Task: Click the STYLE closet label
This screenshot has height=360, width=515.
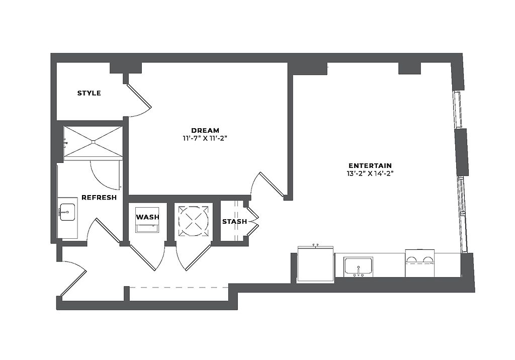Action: tap(89, 93)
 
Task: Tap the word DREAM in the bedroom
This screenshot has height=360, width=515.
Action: tap(205, 131)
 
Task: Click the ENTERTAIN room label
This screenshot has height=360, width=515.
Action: tap(370, 165)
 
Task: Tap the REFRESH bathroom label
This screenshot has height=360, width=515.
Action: tap(99, 198)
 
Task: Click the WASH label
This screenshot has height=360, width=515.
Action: tap(148, 217)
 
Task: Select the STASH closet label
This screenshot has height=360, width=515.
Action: tap(234, 221)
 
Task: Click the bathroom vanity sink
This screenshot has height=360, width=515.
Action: tap(67, 212)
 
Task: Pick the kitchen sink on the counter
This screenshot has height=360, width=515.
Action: tap(358, 266)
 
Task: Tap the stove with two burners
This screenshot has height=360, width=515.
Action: tap(420, 262)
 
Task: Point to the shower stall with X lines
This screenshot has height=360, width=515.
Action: tap(93, 142)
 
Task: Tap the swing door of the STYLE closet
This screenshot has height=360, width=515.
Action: tap(139, 98)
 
